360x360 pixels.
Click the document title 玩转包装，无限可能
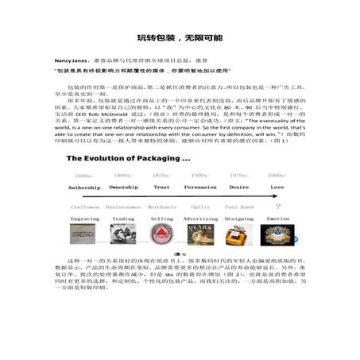[180, 37]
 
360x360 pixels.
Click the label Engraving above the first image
[84, 218]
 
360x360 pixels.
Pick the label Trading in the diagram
[123, 218]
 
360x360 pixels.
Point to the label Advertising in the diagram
[200, 218]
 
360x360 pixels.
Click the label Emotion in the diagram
[277, 218]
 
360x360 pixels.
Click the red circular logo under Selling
[162, 234]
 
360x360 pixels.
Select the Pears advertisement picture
[200, 234]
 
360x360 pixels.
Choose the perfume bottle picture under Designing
[238, 234]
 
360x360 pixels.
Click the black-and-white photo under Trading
[123, 234]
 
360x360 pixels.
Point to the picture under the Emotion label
[277, 234]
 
